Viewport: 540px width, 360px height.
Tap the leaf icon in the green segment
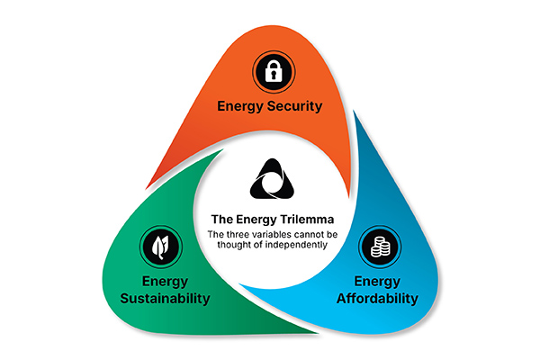point(157,246)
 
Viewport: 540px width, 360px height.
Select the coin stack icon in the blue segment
point(382,246)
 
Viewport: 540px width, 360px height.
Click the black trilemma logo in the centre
point(269,179)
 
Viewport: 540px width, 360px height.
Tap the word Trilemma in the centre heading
point(299,219)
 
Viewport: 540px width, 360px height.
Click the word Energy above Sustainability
point(157,282)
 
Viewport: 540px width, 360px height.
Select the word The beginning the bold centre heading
point(221,219)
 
